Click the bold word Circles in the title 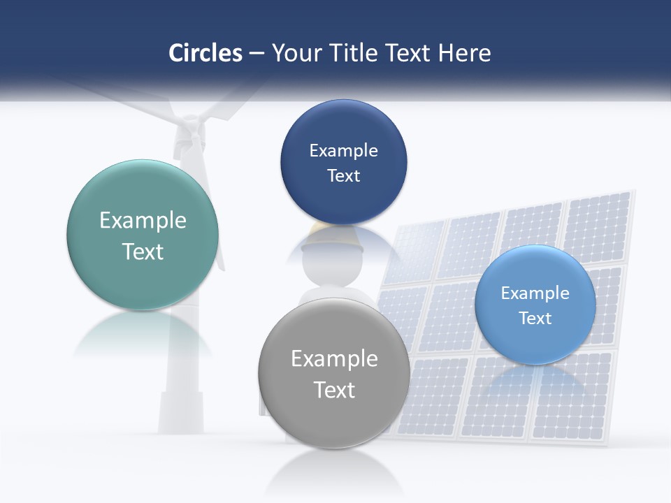pos(205,53)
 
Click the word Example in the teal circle pos(143,221)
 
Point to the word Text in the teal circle pos(143,251)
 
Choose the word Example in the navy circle pos(343,151)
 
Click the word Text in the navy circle pos(343,175)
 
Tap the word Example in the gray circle pos(334,359)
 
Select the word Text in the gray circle pos(334,390)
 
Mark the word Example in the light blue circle pos(535,293)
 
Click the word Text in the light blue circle pos(535,318)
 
